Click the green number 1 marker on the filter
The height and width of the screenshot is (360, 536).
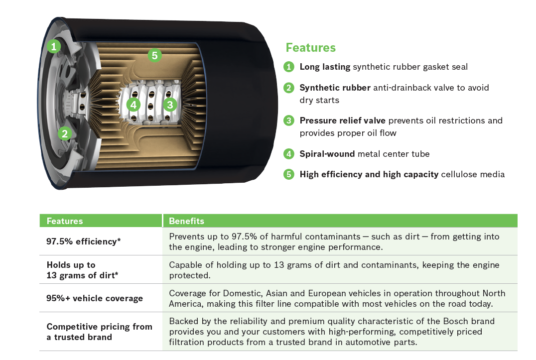54,46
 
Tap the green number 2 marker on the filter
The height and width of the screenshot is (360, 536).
65,133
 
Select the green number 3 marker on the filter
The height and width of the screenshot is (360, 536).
170,105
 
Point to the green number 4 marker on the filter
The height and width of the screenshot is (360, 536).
134,105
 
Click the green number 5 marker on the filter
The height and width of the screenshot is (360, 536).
154,55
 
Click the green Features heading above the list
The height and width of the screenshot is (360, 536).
311,48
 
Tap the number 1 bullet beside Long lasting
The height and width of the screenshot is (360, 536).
289,67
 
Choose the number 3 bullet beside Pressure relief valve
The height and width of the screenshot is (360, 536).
289,120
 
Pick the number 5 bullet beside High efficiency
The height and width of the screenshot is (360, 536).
289,174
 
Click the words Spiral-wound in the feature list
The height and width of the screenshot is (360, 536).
327,154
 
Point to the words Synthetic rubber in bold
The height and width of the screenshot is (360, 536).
335,88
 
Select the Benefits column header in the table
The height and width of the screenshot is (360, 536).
186,221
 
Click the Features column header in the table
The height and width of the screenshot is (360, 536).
65,221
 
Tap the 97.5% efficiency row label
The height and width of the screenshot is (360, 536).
83,241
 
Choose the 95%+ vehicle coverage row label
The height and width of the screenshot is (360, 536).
95,298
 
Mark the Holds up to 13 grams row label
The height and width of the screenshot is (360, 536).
82,270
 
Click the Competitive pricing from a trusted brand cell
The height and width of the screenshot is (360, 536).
100,332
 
